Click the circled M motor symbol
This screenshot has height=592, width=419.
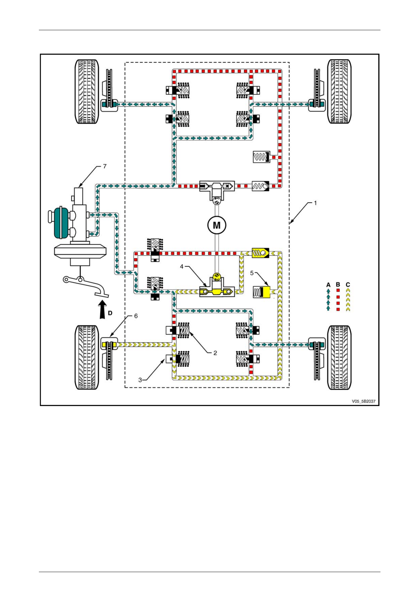(217, 225)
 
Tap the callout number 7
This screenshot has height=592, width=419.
(105, 166)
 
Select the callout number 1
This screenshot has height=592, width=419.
(315, 203)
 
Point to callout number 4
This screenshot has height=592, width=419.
(182, 266)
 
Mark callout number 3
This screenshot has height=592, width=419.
(140, 380)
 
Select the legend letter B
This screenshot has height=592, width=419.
(338, 285)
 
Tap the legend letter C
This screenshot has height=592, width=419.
(348, 285)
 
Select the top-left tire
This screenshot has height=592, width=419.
(87, 91)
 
